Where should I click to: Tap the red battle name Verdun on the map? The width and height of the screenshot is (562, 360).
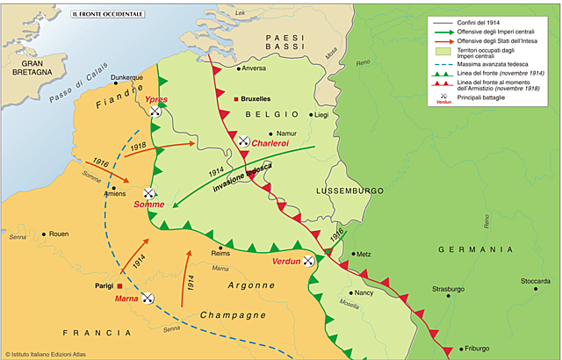click(287, 261)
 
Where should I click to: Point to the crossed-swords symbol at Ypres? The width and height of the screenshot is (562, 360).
click(155, 112)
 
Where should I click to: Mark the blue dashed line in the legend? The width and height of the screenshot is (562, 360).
click(441, 65)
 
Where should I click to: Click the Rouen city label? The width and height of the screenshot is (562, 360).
click(58, 234)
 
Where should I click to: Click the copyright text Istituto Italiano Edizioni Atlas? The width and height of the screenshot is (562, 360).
click(57, 354)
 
